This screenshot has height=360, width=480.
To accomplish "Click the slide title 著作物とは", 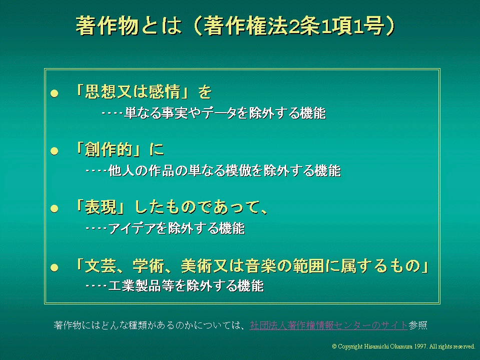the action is coord(129,26).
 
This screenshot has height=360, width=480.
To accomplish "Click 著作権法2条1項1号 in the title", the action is coord(293,26).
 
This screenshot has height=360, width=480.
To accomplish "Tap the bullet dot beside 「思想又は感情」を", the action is coord(55,93).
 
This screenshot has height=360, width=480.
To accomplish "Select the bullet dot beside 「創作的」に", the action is coord(55,151).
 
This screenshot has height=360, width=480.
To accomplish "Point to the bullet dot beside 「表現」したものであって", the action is coord(55,208).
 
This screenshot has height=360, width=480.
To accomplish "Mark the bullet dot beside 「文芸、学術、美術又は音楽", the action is coord(55,267).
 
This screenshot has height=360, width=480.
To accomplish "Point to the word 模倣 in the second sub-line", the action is coord(238,171).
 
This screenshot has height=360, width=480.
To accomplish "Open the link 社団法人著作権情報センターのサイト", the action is coord(329,325).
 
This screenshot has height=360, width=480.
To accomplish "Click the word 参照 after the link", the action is coord(418,325).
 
